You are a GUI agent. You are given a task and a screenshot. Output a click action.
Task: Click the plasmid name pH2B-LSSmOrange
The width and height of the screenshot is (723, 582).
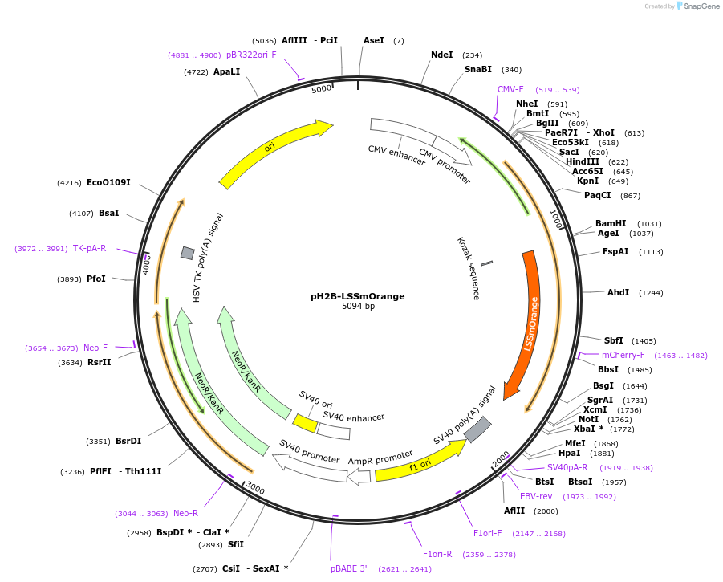(x=357, y=296)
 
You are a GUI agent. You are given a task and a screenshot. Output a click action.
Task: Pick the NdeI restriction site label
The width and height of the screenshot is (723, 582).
(x=441, y=55)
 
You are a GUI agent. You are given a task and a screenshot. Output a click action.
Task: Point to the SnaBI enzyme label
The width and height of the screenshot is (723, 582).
(x=478, y=70)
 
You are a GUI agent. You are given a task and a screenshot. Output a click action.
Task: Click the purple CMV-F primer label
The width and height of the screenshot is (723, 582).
(x=510, y=90)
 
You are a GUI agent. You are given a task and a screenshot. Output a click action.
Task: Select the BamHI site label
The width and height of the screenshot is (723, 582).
(x=611, y=224)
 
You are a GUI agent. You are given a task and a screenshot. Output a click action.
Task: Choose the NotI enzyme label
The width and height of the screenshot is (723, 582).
(x=588, y=419)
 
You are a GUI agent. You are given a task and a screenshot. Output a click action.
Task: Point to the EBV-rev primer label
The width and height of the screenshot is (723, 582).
(x=536, y=496)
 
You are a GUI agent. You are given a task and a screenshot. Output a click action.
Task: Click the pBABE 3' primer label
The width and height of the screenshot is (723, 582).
(x=348, y=568)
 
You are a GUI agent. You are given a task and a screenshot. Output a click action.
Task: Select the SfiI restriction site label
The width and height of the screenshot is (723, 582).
(x=235, y=545)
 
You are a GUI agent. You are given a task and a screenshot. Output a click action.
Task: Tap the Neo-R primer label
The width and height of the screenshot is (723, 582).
(x=185, y=513)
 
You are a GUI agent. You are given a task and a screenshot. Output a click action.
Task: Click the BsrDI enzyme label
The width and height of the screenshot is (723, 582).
(x=128, y=442)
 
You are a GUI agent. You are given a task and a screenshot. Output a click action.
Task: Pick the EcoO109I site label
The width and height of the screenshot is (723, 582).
(x=108, y=183)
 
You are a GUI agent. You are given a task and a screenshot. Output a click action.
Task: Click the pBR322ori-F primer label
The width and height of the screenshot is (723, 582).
(x=251, y=55)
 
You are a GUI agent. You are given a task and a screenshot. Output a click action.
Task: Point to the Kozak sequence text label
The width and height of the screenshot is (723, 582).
(x=469, y=268)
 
